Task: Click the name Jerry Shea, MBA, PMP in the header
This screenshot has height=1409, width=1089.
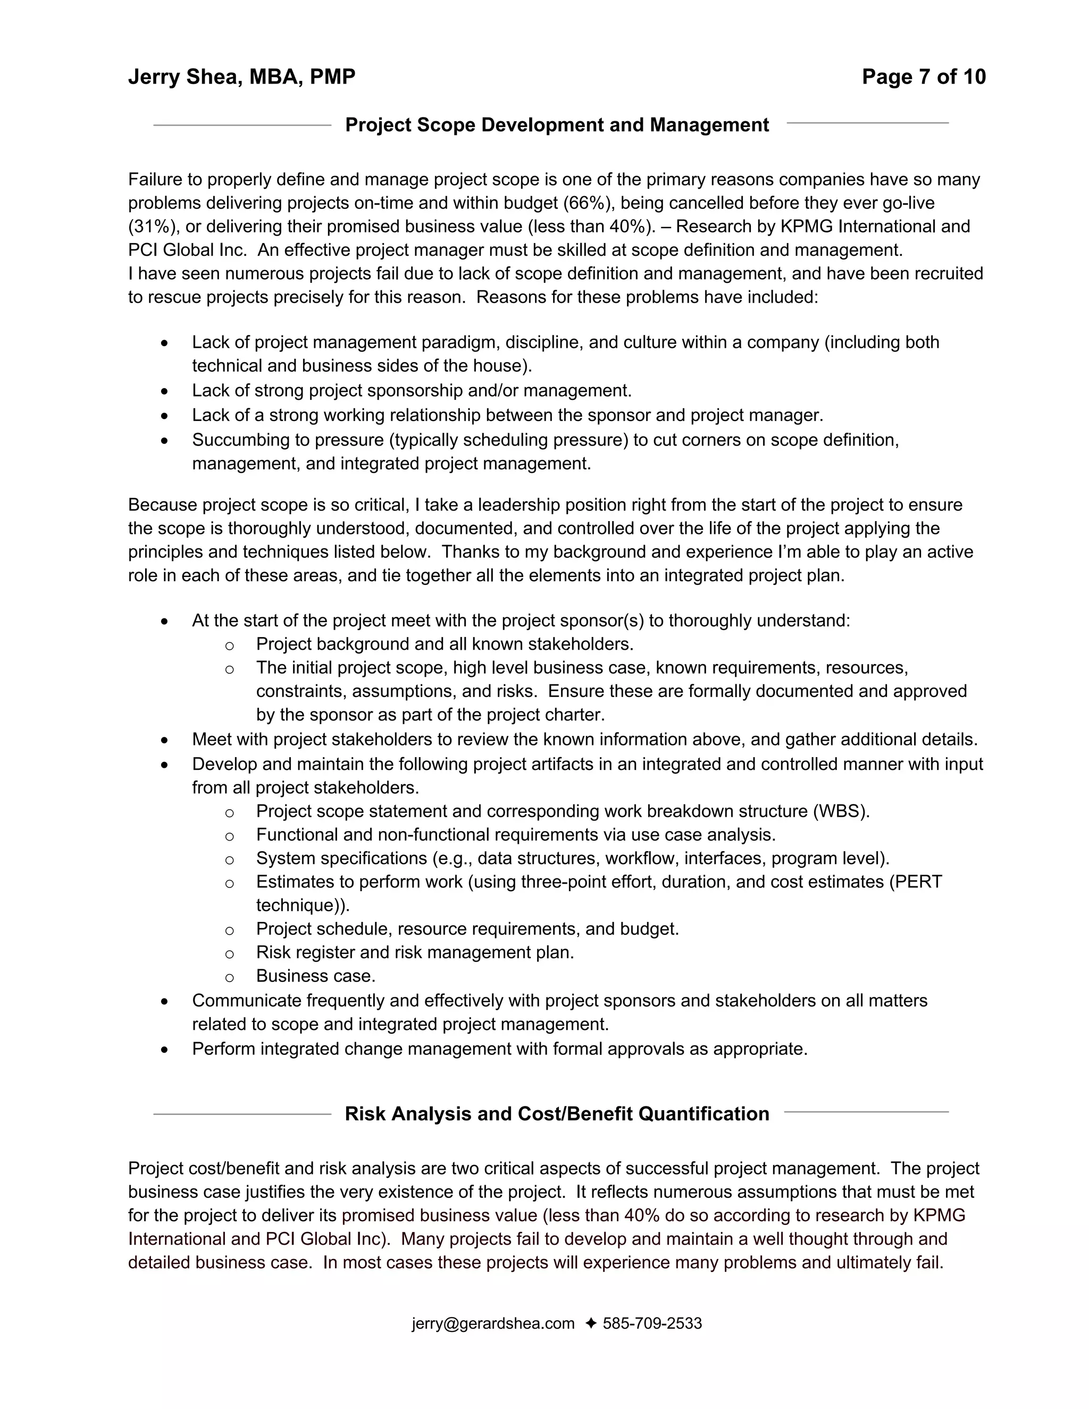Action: point(241,77)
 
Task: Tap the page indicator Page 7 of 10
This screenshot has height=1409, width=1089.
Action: point(923,77)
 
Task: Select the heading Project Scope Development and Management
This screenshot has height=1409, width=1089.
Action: point(557,124)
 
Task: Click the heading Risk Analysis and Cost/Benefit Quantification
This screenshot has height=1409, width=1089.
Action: point(557,1113)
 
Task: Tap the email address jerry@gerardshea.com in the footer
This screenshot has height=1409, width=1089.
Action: point(493,1323)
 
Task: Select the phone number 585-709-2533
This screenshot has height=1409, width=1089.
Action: point(651,1323)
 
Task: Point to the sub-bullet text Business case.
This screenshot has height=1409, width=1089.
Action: point(315,976)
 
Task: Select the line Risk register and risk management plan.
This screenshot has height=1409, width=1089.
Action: point(415,952)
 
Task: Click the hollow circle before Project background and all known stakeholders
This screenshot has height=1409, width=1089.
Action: point(229,645)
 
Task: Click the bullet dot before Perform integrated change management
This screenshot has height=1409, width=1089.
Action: point(165,1050)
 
